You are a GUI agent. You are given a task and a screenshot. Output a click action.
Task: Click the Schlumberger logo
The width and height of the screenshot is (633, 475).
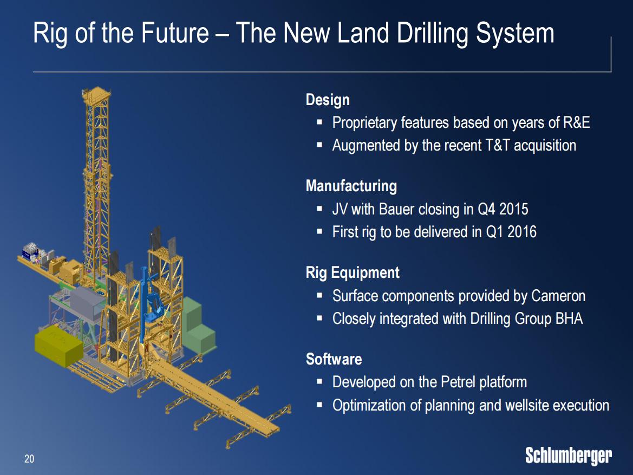pyautogui.click(x=568, y=457)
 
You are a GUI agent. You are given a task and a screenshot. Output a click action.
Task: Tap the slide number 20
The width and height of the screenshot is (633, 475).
pyautogui.click(x=29, y=459)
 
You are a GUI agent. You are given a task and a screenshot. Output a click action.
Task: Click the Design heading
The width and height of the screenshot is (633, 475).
pyautogui.click(x=328, y=100)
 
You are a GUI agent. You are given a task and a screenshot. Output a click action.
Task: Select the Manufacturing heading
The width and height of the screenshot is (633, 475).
pyautogui.click(x=351, y=186)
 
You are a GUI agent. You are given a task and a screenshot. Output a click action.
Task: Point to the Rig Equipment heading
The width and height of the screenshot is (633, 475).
pyautogui.click(x=353, y=272)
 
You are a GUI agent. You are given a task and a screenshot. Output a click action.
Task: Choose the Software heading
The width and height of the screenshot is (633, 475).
pyautogui.click(x=334, y=359)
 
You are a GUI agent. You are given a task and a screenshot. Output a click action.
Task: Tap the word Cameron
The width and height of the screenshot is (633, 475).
pyautogui.click(x=558, y=296)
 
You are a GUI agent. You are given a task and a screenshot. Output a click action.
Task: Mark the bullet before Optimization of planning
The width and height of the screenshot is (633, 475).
pyautogui.click(x=319, y=405)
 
